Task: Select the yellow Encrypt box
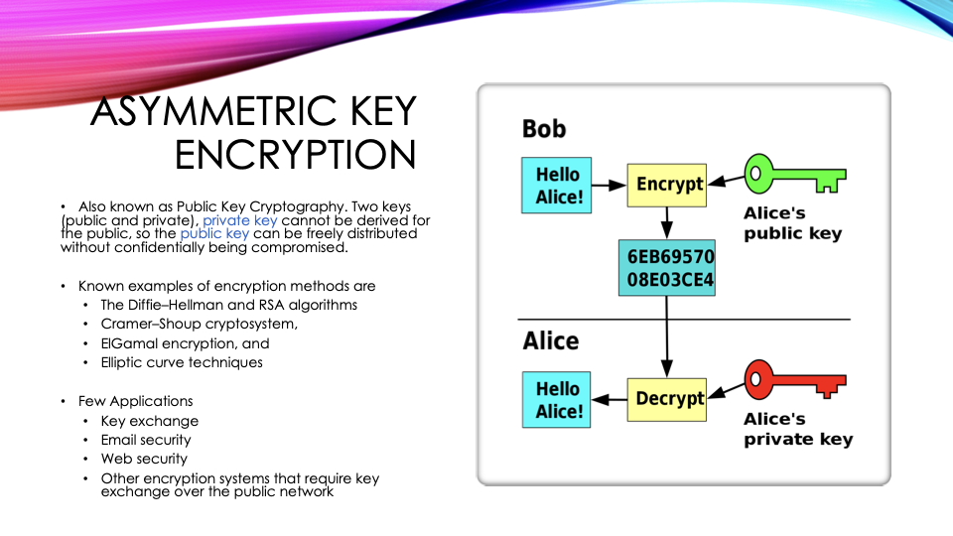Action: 670,185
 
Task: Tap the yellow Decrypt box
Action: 670,399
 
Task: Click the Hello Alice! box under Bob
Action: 558,186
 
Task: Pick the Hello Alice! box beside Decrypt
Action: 558,399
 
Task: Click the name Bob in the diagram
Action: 544,129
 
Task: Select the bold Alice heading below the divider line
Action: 551,341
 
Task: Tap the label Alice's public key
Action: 792,224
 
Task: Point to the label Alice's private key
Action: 798,429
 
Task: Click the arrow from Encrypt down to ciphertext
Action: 669,223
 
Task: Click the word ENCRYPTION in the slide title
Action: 295,156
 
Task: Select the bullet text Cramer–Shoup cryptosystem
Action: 199,324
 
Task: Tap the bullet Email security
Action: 146,440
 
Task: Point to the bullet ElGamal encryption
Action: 185,343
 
